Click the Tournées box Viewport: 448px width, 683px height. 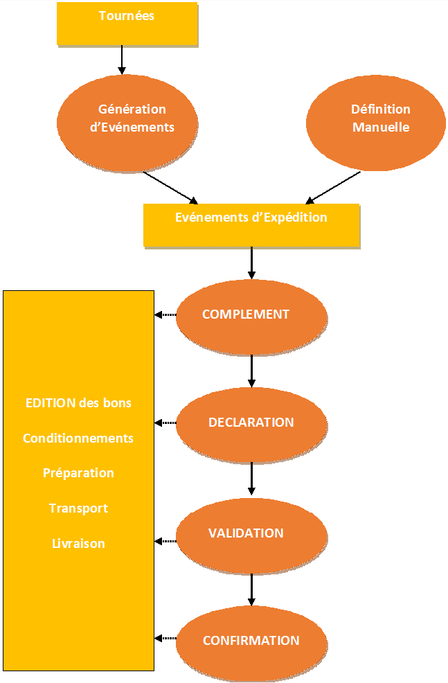click(127, 24)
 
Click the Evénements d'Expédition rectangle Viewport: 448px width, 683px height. click(251, 224)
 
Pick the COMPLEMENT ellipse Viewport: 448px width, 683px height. click(251, 315)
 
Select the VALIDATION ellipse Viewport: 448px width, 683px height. click(251, 534)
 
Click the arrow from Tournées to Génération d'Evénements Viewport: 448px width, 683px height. click(122, 60)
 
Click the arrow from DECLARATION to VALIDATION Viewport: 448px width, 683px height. click(251, 478)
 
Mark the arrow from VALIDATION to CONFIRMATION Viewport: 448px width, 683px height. click(251, 589)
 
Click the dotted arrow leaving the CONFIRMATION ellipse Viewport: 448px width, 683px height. click(165, 638)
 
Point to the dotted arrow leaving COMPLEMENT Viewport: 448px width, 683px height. click(165, 315)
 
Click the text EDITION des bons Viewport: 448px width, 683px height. click(78, 402)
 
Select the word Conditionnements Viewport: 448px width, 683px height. click(78, 438)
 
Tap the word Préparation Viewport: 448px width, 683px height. click(78, 473)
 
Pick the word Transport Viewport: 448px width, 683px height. click(78, 508)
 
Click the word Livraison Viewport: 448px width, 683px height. click(78, 544)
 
